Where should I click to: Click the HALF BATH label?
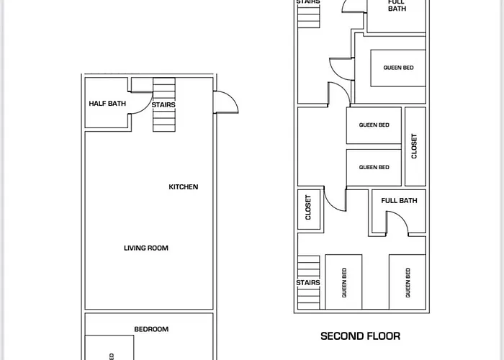[x=107, y=104]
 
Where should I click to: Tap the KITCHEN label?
[x=183, y=187]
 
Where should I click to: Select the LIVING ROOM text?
[x=146, y=248]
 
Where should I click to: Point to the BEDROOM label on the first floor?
[x=151, y=330]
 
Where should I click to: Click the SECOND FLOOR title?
[x=360, y=336]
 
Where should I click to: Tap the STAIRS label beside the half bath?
[x=163, y=105]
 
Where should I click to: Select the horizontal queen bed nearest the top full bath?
[x=397, y=68]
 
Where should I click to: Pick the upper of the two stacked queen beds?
[x=374, y=125]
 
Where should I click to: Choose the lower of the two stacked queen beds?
[x=374, y=167]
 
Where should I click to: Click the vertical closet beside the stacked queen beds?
[x=414, y=146]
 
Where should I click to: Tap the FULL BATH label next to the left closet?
[x=399, y=201]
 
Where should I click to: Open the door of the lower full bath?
[x=397, y=228]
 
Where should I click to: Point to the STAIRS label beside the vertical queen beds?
[x=308, y=283]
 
